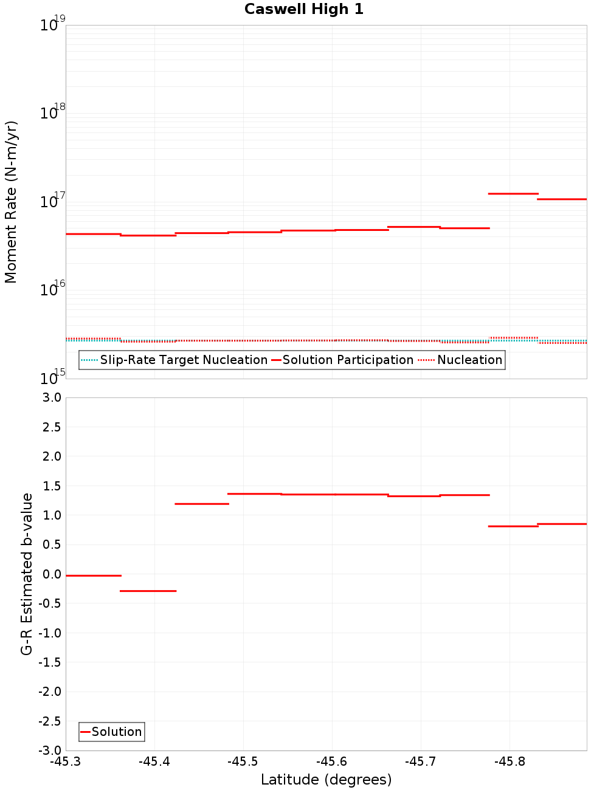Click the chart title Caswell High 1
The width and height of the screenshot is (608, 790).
303,9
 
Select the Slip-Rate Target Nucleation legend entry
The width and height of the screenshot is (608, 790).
174,360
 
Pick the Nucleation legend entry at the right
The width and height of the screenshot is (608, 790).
461,360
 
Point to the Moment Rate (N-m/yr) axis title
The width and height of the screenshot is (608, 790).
11,202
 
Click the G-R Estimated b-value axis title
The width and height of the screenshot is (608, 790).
27,574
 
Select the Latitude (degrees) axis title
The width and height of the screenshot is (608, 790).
326,780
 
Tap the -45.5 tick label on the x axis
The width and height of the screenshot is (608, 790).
243,761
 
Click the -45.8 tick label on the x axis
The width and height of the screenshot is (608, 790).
510,761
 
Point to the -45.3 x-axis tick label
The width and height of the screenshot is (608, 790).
66,761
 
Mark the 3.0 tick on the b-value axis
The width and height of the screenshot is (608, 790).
49,397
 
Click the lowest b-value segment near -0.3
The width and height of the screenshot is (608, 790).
148,591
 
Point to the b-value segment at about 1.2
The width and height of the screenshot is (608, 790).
201,504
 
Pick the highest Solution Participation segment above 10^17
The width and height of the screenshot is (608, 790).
513,194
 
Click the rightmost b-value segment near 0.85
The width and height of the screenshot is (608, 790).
562,524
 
